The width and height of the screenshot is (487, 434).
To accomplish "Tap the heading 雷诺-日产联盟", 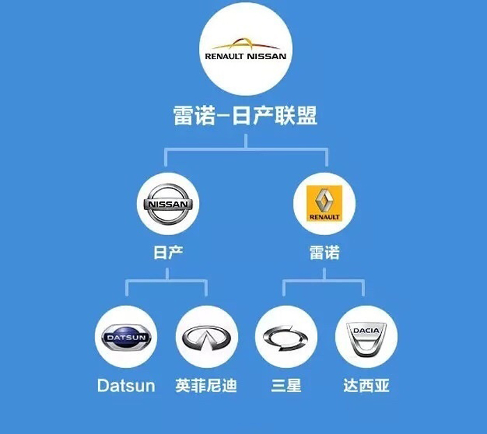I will point(245,115).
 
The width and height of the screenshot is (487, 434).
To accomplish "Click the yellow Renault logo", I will point(324,203).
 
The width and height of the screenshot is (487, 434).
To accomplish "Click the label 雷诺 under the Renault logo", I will point(324,252).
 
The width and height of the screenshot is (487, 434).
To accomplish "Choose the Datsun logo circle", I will point(126,337).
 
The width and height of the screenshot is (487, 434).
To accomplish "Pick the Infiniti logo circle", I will point(207,337).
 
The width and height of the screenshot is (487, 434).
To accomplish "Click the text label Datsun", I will point(126,385).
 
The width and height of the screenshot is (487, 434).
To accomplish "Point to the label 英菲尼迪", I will point(207,385).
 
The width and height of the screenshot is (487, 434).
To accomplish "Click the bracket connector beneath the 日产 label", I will point(166,281).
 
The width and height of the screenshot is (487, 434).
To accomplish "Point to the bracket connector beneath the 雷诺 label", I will point(324,281).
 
